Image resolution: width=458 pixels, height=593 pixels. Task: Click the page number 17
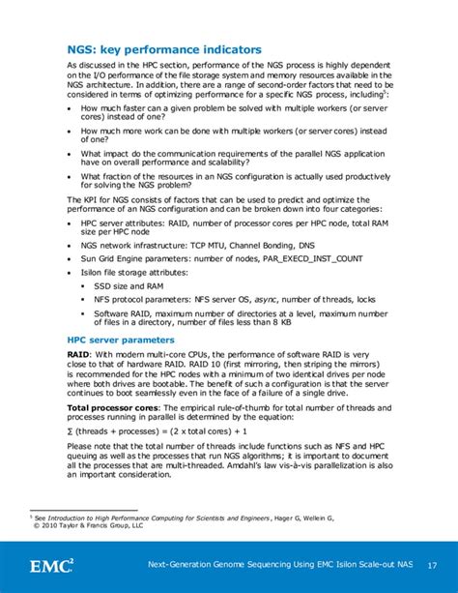point(430,565)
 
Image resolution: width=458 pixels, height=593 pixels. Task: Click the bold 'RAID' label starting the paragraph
point(78,356)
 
